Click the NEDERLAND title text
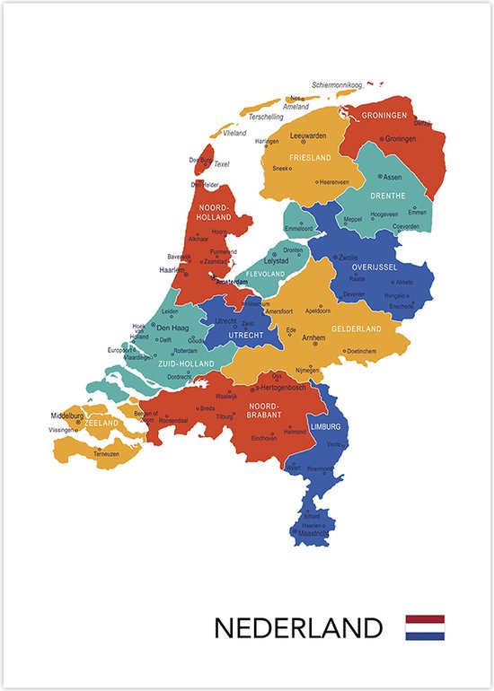point(297,627)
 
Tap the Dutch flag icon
point(425,627)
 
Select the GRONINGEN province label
point(385,116)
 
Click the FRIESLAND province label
point(305,158)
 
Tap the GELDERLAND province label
point(357,329)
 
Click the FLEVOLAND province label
point(265,274)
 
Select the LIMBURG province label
point(324,426)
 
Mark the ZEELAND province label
point(101,422)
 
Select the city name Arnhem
point(313,338)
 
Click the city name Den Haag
point(172,328)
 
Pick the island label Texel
point(222,164)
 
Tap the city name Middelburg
point(67,415)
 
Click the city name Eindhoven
point(263,438)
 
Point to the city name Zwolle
point(346,257)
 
